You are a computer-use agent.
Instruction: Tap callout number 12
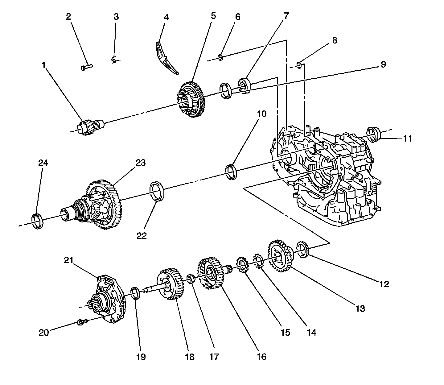[x=384, y=284]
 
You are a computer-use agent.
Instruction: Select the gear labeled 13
[x=280, y=256]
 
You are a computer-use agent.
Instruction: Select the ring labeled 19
[x=136, y=293]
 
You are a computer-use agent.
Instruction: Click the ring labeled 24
[x=38, y=221]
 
